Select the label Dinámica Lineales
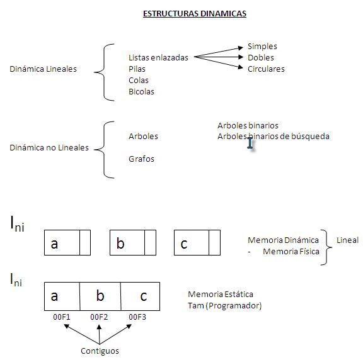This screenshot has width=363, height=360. tap(43, 69)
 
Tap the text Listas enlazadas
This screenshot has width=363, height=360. tap(158, 57)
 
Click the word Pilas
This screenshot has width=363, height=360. tap(137, 69)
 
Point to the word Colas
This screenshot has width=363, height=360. tap(139, 80)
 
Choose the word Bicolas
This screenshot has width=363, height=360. tap(141, 91)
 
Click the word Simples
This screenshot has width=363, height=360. tap(262, 46)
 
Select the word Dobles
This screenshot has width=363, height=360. tap(261, 57)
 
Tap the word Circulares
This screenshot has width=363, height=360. tap(266, 69)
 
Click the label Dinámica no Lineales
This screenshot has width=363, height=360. tap(49, 148)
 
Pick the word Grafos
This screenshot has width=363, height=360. tap(141, 159)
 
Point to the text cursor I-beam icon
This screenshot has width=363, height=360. tap(250, 143)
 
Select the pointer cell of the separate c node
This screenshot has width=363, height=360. tap(214, 243)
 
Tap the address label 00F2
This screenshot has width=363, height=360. tap(100, 317)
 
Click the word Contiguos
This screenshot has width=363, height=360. tap(100, 351)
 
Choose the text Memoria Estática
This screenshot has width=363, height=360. tap(221, 295)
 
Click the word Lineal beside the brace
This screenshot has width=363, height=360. tap(348, 240)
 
